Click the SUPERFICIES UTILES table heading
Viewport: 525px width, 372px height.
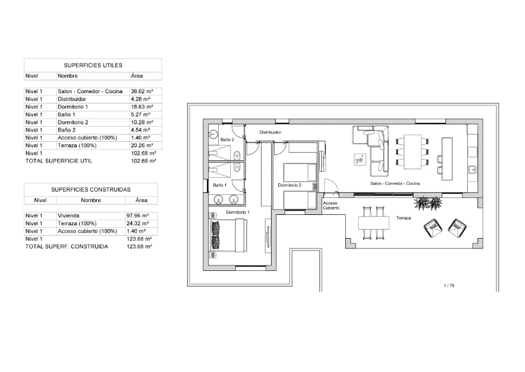click(93, 65)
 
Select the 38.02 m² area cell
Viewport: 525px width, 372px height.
click(141, 91)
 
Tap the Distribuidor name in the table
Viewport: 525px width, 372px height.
click(72, 99)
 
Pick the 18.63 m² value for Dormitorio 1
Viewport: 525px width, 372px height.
click(141, 107)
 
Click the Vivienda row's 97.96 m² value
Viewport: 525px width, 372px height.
click(138, 216)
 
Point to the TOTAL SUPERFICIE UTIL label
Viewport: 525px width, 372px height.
click(58, 161)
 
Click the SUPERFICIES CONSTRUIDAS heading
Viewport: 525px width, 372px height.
click(91, 189)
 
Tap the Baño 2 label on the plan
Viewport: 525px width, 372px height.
click(227, 139)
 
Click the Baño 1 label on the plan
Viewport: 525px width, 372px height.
click(219, 184)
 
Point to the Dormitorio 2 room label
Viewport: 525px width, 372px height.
click(289, 184)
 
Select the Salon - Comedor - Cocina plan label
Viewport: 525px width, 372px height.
click(395, 183)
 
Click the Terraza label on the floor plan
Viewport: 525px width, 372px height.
click(403, 217)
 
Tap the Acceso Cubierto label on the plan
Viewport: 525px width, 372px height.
click(331, 206)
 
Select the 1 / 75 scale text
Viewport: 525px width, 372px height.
click(449, 285)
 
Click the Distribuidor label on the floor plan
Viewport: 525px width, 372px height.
click(270, 132)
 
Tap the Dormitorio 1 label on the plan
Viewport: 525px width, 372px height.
click(238, 212)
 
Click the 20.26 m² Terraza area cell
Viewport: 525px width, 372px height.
click(141, 146)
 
